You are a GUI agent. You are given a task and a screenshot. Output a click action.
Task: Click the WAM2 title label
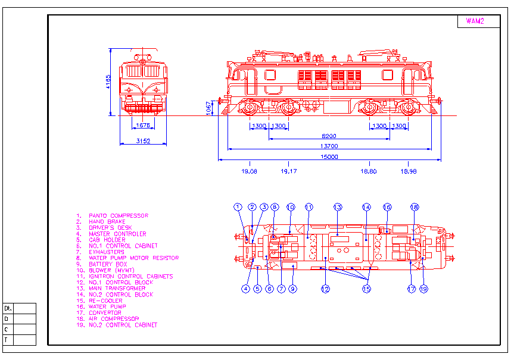click(x=475, y=21)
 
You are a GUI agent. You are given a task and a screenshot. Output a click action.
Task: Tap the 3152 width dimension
click(x=142, y=141)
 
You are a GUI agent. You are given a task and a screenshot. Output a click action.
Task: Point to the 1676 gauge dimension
click(x=142, y=125)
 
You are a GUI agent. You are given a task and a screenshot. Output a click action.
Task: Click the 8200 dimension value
click(x=329, y=136)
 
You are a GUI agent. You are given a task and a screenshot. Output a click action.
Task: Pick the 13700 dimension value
click(x=329, y=146)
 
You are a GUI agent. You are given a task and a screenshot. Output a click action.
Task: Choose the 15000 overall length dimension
click(x=329, y=157)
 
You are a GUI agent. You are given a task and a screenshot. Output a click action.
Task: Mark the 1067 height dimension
click(x=208, y=108)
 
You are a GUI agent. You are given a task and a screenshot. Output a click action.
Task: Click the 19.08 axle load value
click(x=250, y=171)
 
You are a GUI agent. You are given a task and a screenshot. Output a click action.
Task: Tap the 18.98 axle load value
click(x=409, y=171)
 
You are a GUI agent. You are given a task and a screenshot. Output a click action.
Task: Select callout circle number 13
click(x=338, y=207)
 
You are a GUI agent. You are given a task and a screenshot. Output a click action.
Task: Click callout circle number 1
click(x=238, y=207)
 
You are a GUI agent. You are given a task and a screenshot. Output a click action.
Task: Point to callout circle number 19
click(x=423, y=289)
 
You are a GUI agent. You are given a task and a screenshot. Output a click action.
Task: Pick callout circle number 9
click(x=292, y=289)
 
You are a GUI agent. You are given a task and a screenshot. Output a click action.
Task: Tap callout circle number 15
click(x=366, y=289)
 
